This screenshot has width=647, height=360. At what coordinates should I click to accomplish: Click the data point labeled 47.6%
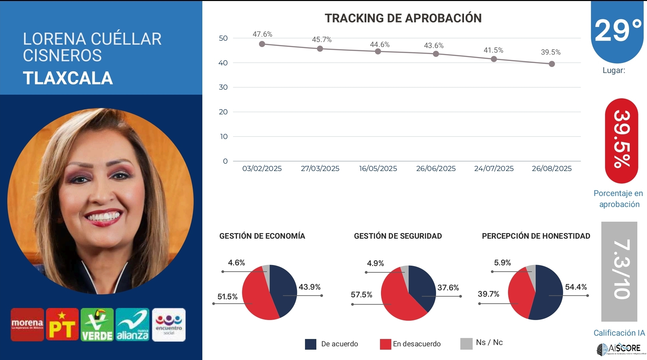262,44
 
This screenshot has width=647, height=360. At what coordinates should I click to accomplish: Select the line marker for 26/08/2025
552,64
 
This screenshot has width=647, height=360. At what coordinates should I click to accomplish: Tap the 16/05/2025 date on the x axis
378,169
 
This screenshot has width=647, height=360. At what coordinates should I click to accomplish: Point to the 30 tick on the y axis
223,87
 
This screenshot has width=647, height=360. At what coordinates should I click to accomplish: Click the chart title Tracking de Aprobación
403,18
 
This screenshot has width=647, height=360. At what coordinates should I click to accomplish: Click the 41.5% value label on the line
493,50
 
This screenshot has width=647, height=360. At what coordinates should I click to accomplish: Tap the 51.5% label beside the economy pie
227,297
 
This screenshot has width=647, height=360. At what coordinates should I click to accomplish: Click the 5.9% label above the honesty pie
502,263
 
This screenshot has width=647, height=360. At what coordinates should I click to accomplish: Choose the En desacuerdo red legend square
385,344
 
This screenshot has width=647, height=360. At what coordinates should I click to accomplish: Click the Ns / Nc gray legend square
466,344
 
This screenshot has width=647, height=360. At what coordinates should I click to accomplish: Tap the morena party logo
27,325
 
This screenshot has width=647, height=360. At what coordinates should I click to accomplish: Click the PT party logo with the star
62,325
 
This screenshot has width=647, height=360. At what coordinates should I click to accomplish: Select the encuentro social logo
169,325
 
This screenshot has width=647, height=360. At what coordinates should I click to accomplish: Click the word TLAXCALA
68,78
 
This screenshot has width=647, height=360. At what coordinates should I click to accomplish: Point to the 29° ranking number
618,31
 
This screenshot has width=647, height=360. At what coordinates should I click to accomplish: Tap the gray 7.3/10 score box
619,271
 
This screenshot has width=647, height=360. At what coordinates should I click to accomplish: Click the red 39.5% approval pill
621,141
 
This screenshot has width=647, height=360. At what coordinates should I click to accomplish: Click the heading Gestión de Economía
262,236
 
